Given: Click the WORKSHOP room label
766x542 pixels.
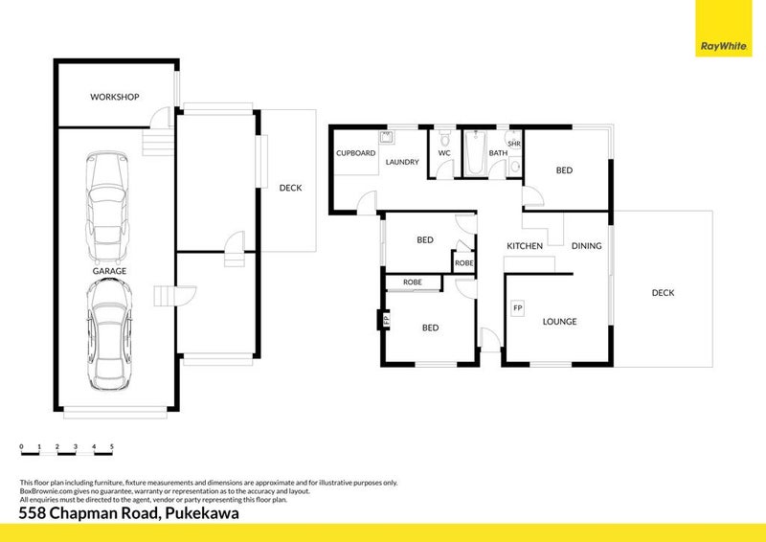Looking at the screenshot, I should point(115,97).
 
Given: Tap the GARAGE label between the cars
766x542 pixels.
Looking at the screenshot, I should point(109,271).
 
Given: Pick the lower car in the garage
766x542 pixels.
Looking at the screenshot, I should point(107,338).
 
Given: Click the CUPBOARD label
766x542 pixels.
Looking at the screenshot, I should point(355,152).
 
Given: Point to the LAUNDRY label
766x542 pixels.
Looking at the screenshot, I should point(402,162).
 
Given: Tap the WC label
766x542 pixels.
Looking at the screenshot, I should point(444,152).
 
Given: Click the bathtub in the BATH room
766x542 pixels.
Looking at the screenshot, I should point(476,153).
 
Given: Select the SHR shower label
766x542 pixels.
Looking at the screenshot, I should point(513,144).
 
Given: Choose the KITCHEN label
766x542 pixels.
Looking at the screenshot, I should point(525,246).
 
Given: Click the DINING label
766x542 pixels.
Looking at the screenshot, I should point(586,246).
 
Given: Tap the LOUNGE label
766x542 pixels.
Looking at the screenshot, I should point(559,322).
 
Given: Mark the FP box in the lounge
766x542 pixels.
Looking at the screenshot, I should point(518,308).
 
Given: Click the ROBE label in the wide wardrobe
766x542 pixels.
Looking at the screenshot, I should point(413,282).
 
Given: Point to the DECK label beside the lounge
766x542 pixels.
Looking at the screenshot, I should point(663,293).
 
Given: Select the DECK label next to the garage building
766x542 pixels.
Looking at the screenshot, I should point(290,188).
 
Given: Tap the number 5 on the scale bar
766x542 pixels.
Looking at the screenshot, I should point(112,447).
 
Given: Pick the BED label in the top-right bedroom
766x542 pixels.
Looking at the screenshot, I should point(565,170).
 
